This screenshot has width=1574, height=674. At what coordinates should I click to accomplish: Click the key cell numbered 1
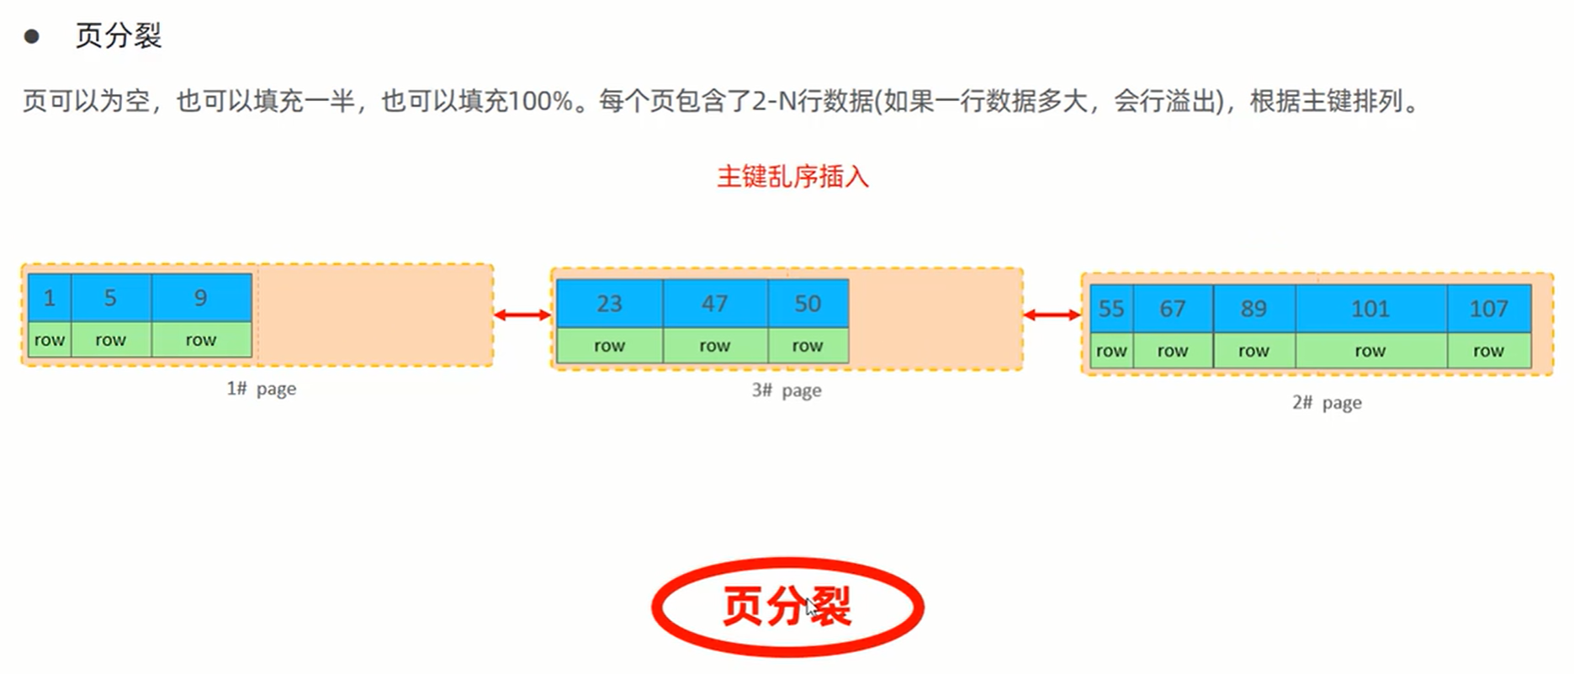coord(50,298)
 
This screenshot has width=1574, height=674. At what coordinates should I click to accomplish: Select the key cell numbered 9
coord(201,298)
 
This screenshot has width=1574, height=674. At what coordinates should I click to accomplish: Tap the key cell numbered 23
coord(609,304)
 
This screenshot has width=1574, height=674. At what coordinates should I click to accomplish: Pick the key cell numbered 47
coord(715,304)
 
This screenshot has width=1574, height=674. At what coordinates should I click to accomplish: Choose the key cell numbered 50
coord(808,304)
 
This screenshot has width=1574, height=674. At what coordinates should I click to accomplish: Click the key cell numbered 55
coord(1111,309)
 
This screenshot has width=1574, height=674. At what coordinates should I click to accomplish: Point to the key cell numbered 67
coord(1173,309)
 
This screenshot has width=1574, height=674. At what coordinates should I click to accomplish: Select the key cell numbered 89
coord(1253,309)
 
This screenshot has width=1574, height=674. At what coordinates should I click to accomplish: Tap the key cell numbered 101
coord(1370,309)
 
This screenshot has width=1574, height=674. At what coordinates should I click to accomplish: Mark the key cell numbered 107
coord(1488,309)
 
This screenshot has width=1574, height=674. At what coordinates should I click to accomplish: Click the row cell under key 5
coord(110,340)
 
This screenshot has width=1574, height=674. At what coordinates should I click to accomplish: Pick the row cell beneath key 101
coord(1370,351)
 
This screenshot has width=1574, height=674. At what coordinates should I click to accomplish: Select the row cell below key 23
coord(609,346)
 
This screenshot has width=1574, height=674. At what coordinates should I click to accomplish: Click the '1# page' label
coord(261,389)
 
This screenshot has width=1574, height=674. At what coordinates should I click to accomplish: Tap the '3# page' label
coord(787,390)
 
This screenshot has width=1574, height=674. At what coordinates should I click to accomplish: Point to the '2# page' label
coord(1327,403)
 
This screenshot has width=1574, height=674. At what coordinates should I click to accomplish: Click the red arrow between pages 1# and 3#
coord(522,315)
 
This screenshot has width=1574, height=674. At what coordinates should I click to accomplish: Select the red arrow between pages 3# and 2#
coord(1052,315)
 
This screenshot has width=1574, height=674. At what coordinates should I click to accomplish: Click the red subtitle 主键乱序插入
coord(792,177)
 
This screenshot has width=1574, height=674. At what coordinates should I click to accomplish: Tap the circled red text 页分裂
coord(787,606)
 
